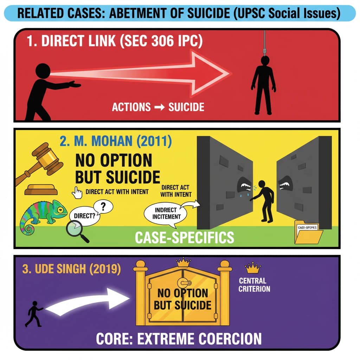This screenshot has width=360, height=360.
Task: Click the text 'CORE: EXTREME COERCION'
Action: pyautogui.click(x=179, y=339)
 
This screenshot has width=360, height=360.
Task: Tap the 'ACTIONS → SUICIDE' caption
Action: pyautogui.click(x=158, y=107)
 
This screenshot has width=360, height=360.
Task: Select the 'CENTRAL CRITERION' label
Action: pyautogui.click(x=254, y=285)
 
